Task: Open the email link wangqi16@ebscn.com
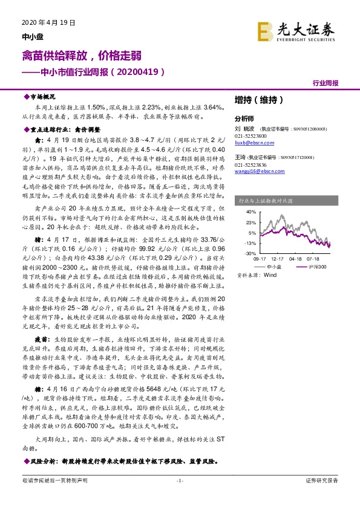point(257,171)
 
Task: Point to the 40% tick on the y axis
point(252,212)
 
